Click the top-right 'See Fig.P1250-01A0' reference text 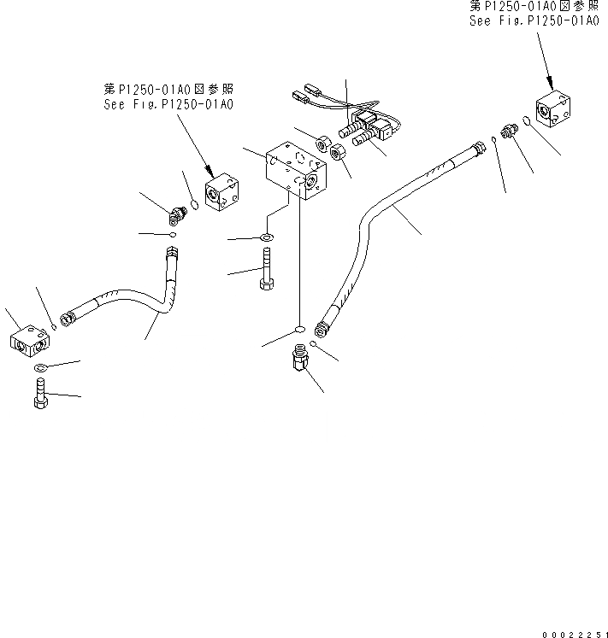tap(534, 21)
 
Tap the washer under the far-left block tap(40, 368)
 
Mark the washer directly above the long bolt tap(267, 237)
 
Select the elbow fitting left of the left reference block tap(179, 211)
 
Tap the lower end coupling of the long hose tap(322, 326)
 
